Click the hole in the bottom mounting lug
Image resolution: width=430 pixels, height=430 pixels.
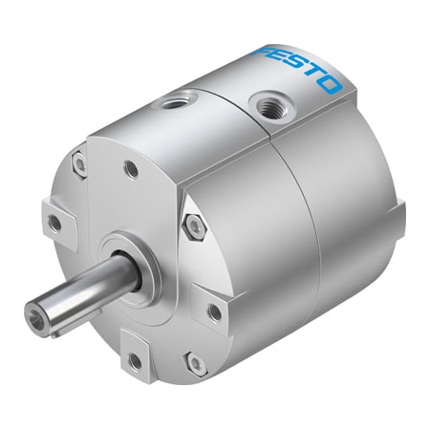pos(131,360)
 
